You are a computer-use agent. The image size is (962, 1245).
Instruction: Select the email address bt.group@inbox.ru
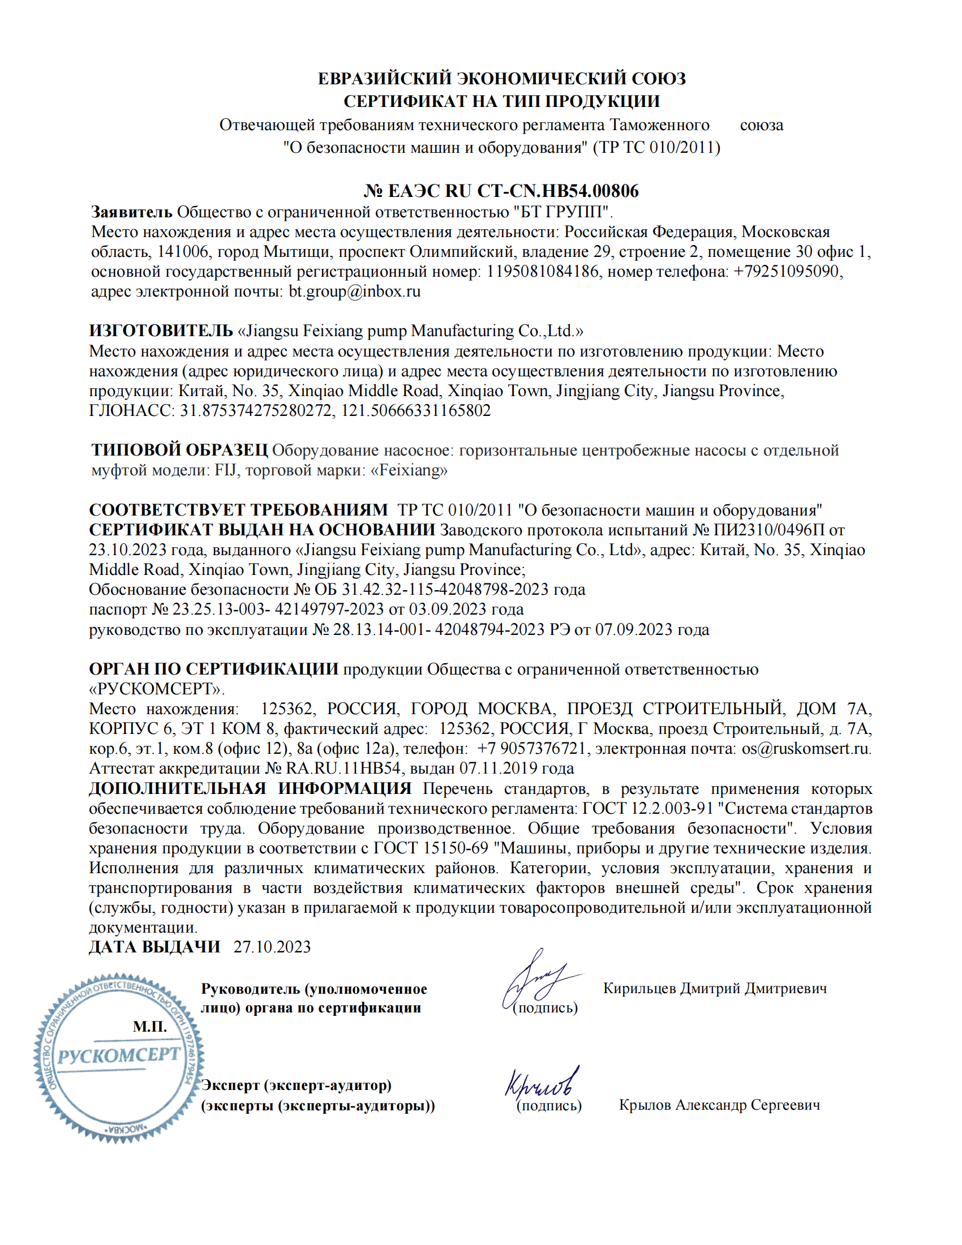click(354, 291)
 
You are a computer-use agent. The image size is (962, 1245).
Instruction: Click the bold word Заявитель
click(132, 212)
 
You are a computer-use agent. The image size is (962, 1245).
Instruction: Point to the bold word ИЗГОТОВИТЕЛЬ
click(161, 330)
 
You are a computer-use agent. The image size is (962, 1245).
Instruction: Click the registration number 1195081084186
click(542, 271)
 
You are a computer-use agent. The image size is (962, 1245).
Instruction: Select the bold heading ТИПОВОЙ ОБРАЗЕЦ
click(179, 450)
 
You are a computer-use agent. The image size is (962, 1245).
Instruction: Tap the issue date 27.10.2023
click(272, 947)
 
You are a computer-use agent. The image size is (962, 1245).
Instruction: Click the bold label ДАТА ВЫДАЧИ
click(154, 947)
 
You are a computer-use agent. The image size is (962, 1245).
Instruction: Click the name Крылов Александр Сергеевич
click(719, 1105)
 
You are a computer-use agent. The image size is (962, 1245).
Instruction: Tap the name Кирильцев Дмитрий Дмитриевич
click(715, 988)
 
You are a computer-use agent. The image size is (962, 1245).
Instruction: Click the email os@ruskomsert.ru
click(805, 749)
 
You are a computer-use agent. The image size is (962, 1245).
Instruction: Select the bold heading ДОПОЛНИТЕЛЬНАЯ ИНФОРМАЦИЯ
click(250, 788)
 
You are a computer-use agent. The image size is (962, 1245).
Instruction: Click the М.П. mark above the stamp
click(150, 1027)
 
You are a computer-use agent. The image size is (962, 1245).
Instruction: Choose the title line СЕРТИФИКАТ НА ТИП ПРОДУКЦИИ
click(501, 101)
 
